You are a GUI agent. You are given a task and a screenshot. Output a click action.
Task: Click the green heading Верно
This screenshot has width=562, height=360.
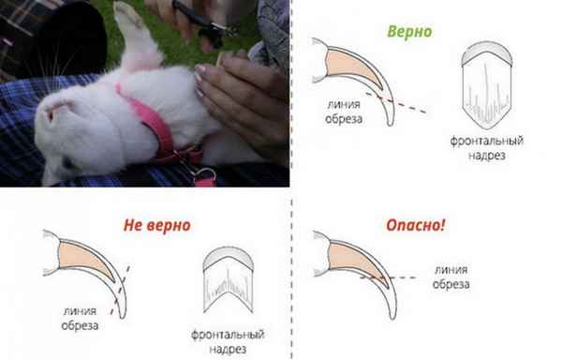(409, 31)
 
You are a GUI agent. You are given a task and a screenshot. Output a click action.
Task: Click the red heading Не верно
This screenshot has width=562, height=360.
(156, 225)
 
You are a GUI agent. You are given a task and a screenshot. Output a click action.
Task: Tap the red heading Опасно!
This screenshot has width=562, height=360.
(415, 225)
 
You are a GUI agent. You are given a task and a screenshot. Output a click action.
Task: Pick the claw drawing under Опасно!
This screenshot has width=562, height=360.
(356, 273)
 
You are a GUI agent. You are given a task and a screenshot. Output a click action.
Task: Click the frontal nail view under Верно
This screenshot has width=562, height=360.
(487, 84)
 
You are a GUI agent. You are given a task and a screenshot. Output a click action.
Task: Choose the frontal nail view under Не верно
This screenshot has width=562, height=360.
(228, 279)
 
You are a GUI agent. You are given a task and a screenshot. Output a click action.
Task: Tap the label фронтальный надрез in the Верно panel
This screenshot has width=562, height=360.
(487, 147)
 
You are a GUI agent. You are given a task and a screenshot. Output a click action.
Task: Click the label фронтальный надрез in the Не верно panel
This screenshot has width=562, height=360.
(228, 341)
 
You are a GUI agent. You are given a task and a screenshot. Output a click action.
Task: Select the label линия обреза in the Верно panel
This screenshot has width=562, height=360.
(344, 112)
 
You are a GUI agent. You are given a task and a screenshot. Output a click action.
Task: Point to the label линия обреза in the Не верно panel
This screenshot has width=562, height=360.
(80, 319)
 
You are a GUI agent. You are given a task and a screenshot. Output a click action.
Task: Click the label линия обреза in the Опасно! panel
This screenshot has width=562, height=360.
(451, 277)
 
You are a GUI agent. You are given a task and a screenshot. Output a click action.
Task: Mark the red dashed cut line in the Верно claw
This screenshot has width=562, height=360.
(395, 103)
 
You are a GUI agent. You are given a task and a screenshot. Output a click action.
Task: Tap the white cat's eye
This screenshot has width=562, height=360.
(52, 114)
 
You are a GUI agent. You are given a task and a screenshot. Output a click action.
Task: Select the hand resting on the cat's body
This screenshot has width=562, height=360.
(240, 97)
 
